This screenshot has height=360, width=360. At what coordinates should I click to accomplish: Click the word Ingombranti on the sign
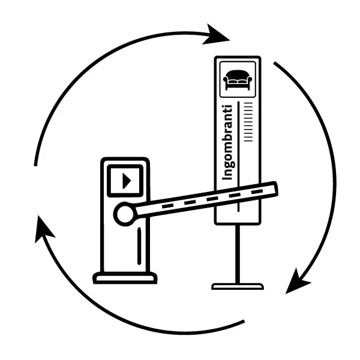click(228, 142)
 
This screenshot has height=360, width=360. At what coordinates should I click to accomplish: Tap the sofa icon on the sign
click(238, 80)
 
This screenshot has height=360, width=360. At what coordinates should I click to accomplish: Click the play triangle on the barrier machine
click(127, 181)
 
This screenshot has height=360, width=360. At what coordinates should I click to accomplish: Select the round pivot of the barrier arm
click(125, 214)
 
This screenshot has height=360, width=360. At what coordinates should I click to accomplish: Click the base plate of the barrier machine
click(125, 278)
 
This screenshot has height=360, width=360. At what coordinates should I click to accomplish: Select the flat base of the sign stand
click(238, 287)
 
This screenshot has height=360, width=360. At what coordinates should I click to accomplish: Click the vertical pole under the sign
click(238, 254)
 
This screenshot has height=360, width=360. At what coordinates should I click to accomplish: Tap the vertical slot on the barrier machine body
click(139, 246)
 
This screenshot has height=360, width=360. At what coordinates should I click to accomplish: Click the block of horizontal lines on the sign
click(248, 122)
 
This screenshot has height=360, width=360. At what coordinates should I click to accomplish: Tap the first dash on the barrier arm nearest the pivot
click(167, 206)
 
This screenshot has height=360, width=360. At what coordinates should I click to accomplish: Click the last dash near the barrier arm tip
click(257, 192)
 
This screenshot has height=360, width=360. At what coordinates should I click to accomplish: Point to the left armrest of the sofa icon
click(226, 80)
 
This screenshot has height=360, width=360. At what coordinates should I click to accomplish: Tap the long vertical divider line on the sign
click(238, 156)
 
